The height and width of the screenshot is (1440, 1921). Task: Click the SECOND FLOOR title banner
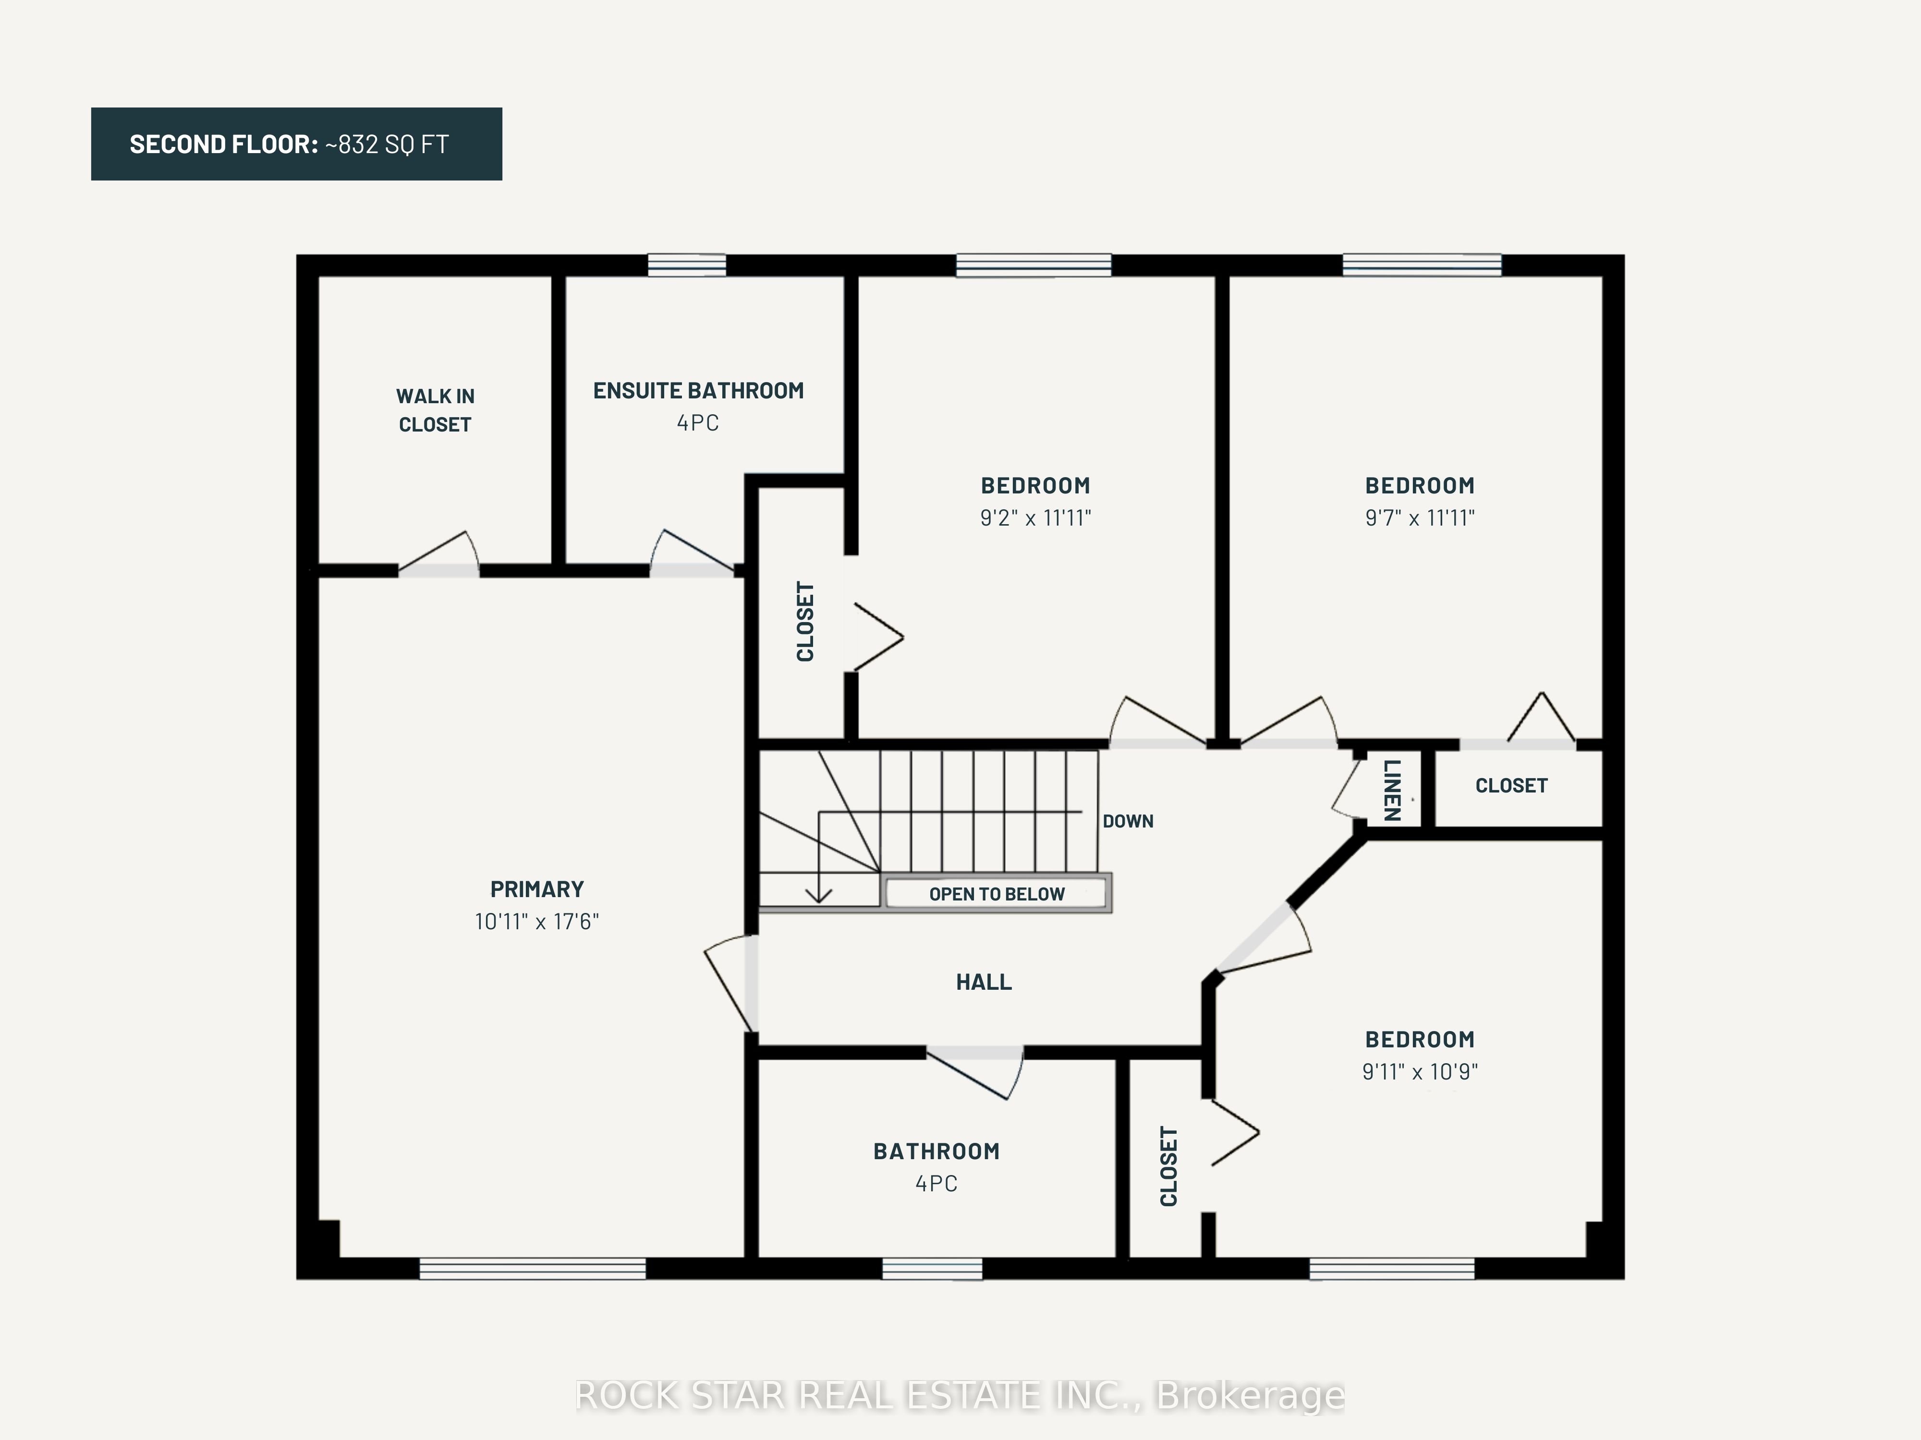tap(296, 144)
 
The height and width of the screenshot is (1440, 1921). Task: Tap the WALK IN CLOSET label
tap(435, 410)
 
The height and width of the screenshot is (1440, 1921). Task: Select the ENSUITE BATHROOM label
tap(698, 391)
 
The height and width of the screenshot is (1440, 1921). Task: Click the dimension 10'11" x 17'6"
tap(537, 921)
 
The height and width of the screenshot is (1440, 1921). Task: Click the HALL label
tap(984, 982)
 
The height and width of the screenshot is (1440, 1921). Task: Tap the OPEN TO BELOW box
tap(997, 893)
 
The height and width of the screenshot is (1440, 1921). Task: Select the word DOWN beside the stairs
tap(1128, 821)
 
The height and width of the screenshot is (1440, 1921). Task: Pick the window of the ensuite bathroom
tap(687, 265)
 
